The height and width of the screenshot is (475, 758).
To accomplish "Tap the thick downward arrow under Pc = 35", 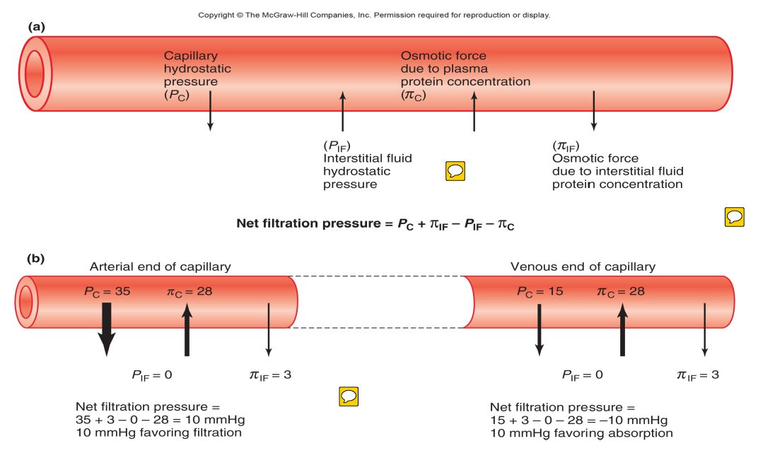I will coord(106,329).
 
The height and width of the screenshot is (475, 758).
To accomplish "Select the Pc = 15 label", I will coord(540,291).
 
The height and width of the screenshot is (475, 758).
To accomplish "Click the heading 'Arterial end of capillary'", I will coord(160,266).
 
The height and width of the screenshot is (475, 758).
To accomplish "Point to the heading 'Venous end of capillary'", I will coord(583,266).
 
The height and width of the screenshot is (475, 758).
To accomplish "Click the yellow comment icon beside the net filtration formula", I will coord(735,216).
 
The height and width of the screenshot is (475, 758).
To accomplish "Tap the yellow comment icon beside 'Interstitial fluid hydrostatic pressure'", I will coord(455,170).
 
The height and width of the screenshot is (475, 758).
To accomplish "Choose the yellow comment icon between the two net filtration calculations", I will coord(349,397).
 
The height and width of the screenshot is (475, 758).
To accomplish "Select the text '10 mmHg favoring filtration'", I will coord(158,433).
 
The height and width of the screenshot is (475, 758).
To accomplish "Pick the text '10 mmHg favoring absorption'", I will coord(581,433).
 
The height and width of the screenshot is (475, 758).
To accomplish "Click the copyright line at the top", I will coord(373,15).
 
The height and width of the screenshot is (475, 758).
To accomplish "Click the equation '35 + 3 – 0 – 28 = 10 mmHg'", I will coord(160,420).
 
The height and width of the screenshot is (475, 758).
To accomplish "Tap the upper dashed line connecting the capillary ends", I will coord(383,276).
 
